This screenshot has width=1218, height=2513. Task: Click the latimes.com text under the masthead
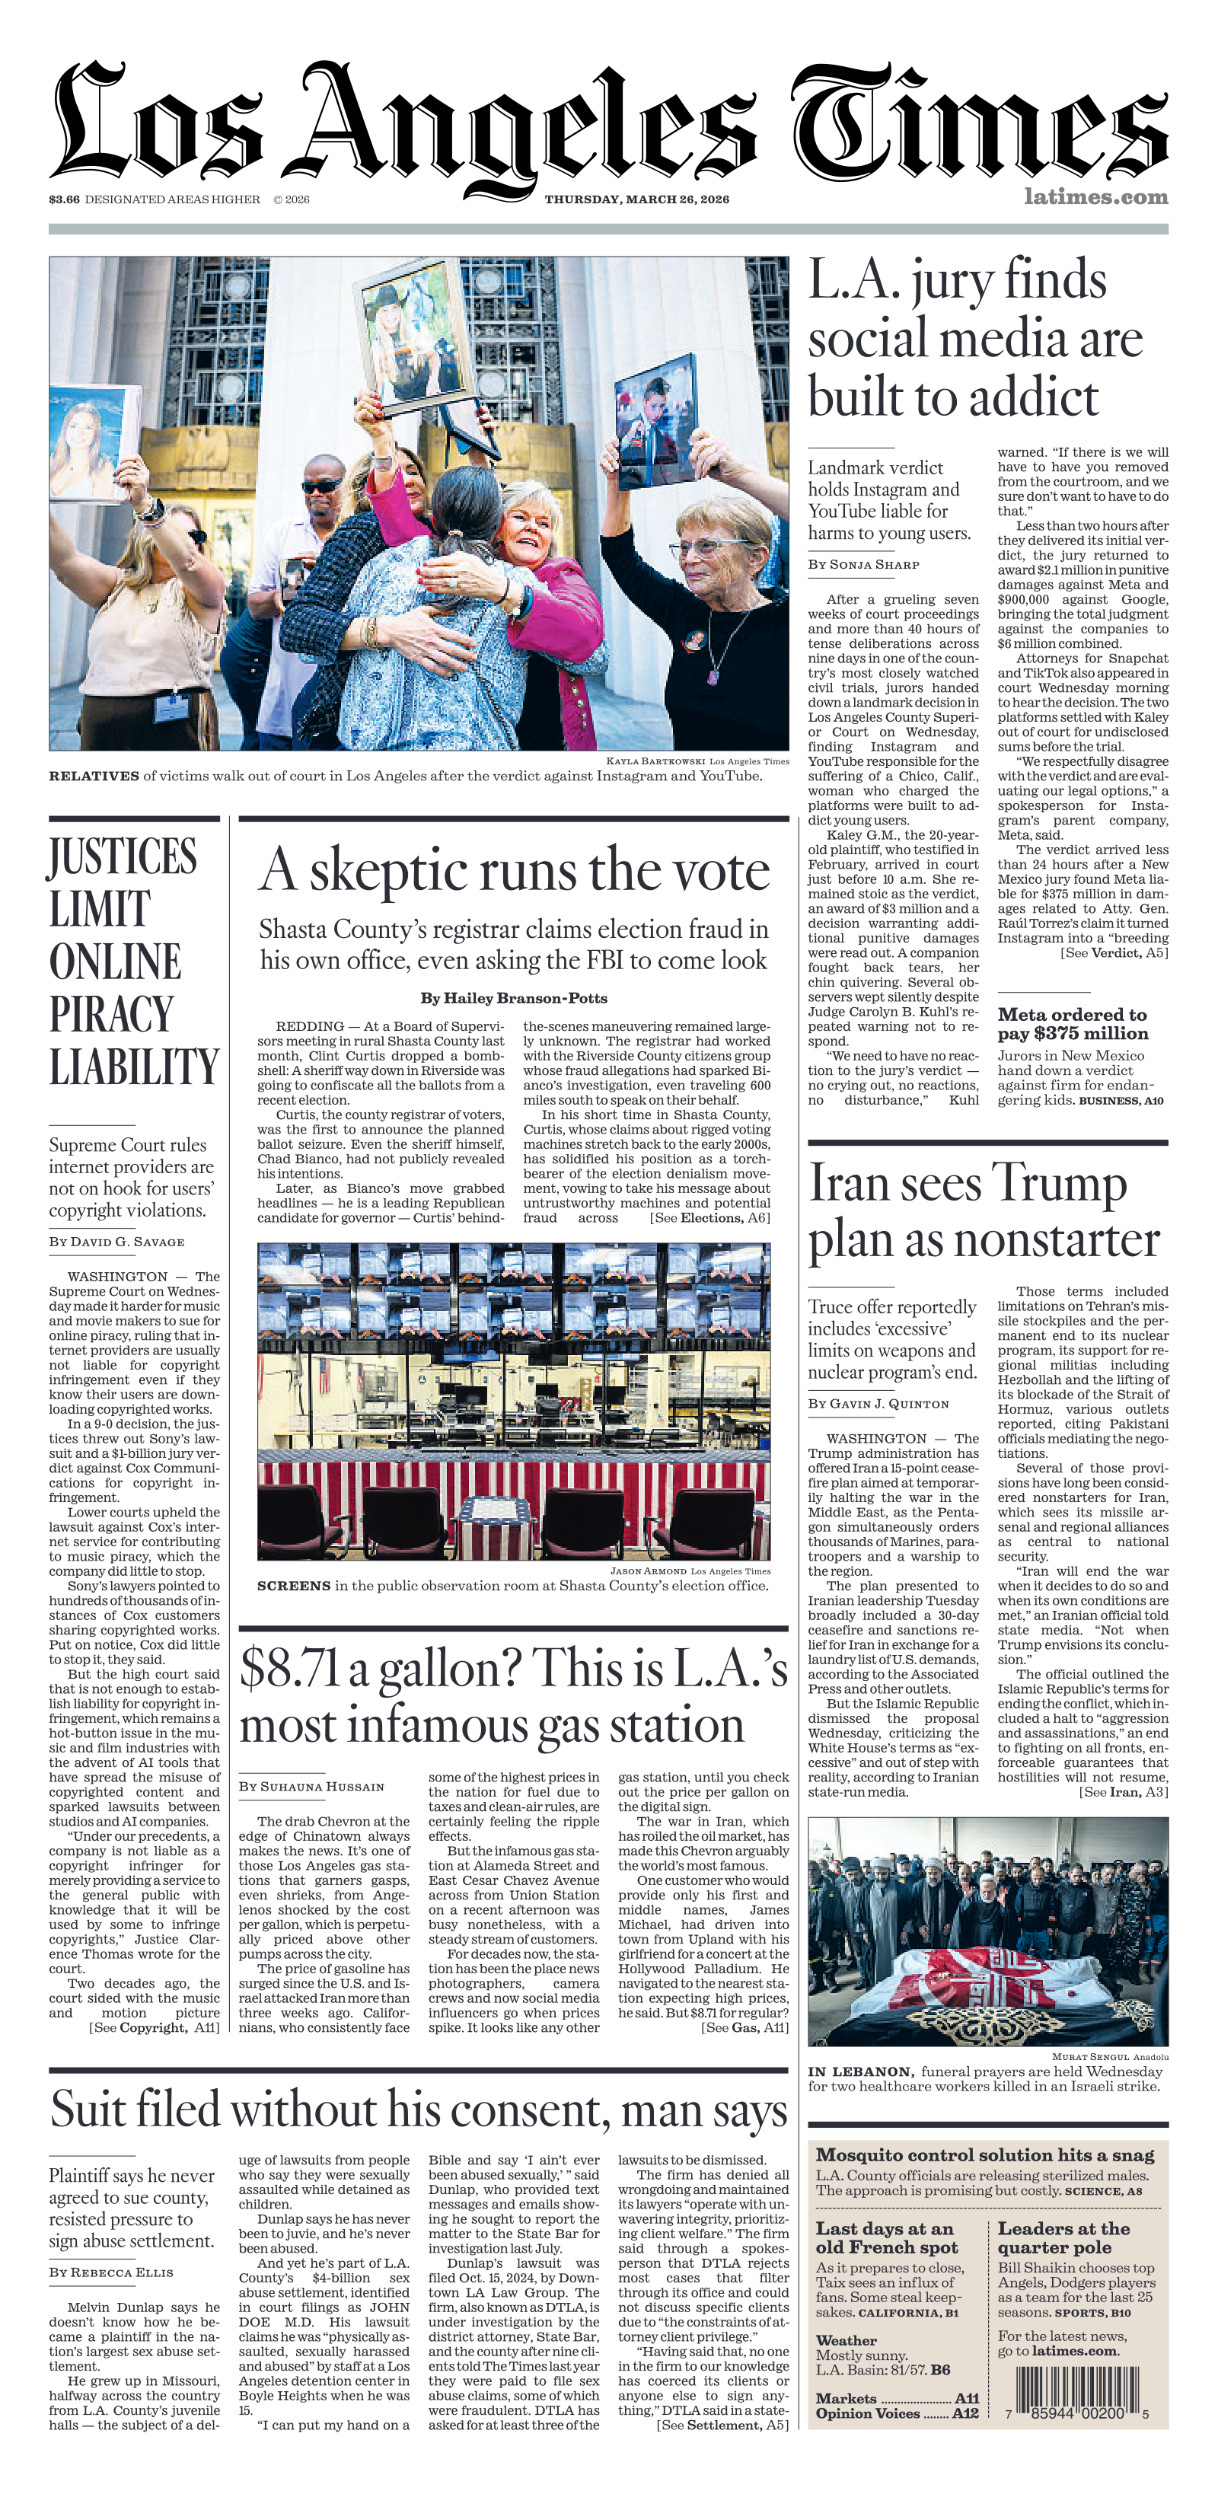pos(1095,196)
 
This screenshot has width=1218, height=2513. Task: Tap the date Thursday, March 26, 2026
pos(637,199)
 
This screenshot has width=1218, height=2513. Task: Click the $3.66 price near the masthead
pos(65,199)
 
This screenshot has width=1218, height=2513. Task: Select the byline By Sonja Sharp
pos(863,564)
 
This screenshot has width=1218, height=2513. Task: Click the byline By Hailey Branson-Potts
pos(514,998)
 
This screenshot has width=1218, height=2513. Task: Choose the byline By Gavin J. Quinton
pos(878,1404)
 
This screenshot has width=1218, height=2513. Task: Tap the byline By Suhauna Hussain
pos(311,1786)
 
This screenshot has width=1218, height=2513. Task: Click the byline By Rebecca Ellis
pos(111,2272)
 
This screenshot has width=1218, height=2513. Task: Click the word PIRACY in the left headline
pos(111,1015)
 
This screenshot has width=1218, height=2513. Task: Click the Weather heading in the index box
pos(846,2340)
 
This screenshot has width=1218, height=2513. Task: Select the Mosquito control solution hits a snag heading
pos(985,2155)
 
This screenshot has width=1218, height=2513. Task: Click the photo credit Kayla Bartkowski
pos(655,761)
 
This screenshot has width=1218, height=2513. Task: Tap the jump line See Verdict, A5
pos(1114,952)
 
